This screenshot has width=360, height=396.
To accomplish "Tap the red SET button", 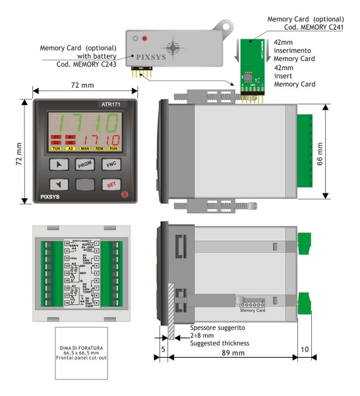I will point(111,185).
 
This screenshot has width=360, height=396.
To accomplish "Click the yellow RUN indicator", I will point(113,148).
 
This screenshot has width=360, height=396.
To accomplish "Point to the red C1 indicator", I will point(57,137).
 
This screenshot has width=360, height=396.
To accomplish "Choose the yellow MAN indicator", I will point(85,148).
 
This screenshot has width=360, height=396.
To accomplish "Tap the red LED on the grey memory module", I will point(144,39).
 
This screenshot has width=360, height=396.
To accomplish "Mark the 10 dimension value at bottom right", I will point(305,349).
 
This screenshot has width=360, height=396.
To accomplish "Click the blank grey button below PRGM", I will point(84,185).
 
